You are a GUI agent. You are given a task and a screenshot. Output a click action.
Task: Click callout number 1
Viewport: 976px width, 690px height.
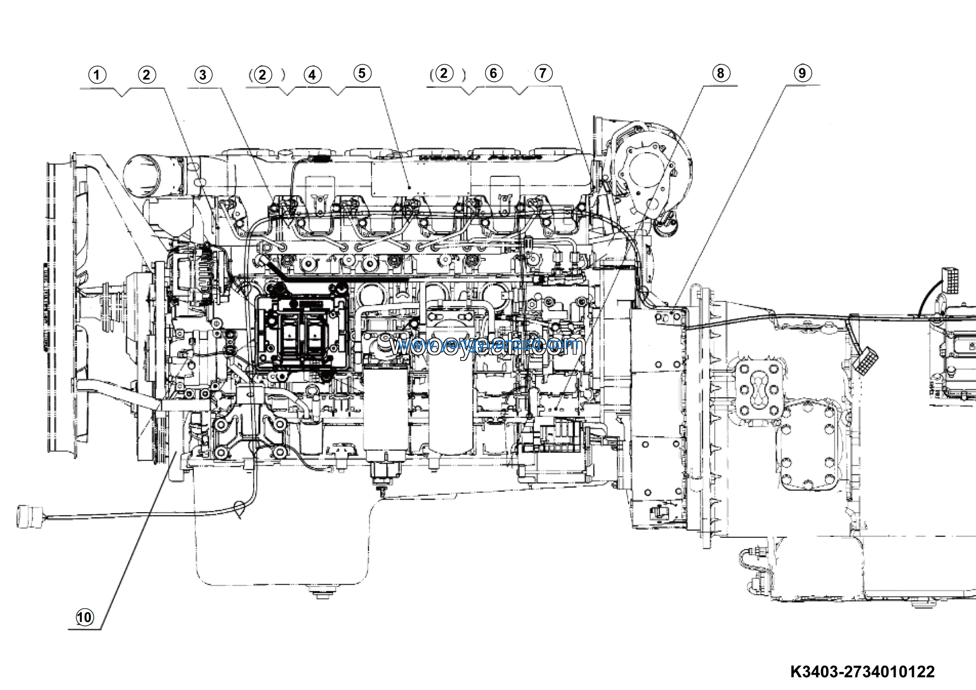tap(97, 75)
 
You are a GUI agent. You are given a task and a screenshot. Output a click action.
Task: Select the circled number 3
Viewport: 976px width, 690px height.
tap(203, 75)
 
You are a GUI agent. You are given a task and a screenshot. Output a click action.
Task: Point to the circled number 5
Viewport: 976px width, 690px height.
tap(362, 73)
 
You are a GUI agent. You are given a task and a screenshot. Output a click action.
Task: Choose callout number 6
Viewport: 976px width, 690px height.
tap(493, 73)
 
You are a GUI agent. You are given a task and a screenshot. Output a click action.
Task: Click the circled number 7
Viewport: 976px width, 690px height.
tap(543, 73)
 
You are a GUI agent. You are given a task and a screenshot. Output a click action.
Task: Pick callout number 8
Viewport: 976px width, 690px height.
tap(720, 73)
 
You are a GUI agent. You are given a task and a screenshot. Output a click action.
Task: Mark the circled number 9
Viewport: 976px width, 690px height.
tap(802, 73)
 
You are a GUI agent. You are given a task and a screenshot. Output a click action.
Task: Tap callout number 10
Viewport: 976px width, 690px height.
tap(84, 617)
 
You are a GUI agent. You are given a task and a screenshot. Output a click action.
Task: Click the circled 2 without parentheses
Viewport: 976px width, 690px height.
tap(147, 75)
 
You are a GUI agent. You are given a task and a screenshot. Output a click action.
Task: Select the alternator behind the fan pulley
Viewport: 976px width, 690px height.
tap(196, 272)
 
